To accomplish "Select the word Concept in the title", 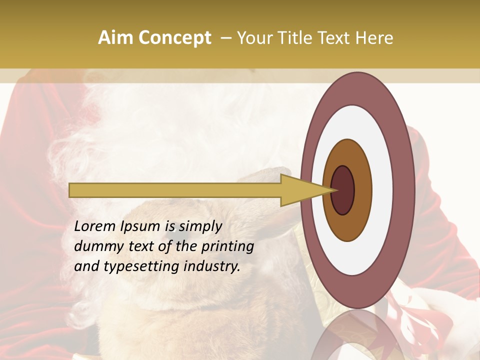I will pyautogui.click(x=174, y=38).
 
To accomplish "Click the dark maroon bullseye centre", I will pyautogui.click(x=343, y=190).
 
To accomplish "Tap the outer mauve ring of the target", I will pyautogui.click(x=405, y=190).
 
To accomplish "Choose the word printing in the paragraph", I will pyautogui.click(x=227, y=247).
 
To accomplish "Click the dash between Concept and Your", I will pyautogui.click(x=225, y=38).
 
